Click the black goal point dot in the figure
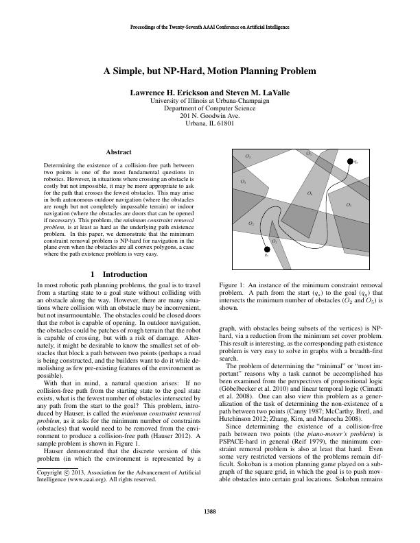[349, 161]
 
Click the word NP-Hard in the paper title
[209, 71]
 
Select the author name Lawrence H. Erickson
[165, 92]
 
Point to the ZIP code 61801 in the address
[225, 123]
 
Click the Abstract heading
[119, 152]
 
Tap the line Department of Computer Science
[210, 108]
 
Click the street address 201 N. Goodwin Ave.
[210, 116]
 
